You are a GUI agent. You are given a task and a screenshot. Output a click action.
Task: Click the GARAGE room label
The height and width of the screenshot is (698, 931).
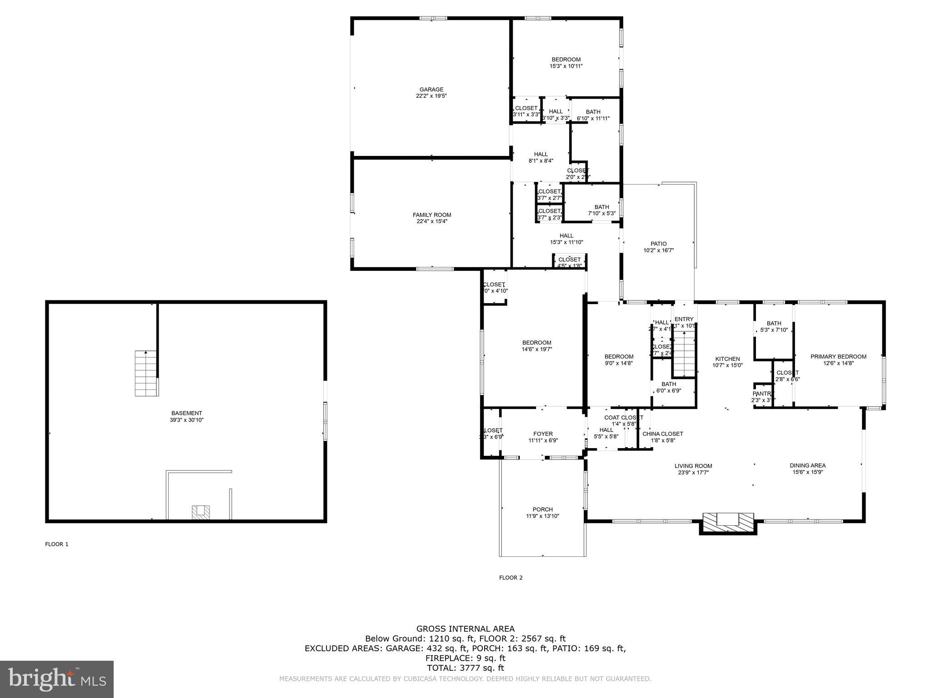[431, 90]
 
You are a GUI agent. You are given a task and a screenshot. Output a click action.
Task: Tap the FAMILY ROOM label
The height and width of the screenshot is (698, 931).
[432, 215]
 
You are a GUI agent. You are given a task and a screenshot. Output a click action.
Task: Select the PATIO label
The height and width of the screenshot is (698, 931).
[658, 244]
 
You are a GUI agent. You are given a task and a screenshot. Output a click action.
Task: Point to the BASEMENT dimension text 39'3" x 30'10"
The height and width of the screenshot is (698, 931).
[186, 420]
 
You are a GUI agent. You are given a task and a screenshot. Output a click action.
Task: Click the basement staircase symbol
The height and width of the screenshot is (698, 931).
[146, 373]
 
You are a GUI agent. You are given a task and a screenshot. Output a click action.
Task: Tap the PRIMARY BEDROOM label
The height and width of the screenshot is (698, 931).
[838, 357]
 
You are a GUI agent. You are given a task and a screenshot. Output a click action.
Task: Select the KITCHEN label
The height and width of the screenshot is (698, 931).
[727, 359]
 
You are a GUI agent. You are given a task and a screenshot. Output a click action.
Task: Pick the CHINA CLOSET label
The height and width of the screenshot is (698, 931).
[662, 434]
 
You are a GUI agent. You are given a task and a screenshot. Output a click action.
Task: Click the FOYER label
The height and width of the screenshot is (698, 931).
[543, 434]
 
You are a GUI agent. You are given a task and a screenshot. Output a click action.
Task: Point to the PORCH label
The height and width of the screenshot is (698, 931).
[543, 509]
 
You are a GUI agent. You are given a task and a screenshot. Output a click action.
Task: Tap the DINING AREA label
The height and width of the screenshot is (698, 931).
[807, 465]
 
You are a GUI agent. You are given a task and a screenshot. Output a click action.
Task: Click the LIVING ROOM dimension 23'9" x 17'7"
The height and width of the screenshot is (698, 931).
[693, 473]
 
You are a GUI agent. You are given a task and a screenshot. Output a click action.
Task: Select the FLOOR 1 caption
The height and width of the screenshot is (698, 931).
[56, 544]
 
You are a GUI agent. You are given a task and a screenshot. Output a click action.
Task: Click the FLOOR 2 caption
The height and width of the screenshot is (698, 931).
[511, 578]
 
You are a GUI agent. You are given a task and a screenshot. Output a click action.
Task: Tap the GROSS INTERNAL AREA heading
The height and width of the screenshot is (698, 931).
[465, 629]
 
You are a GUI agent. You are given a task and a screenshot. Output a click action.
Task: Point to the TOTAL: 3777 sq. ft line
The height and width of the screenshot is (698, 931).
[465, 668]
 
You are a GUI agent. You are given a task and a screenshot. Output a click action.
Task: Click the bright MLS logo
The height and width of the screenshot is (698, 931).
[57, 679]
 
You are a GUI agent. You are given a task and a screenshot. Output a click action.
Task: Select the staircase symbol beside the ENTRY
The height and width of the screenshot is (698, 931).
[684, 354]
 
